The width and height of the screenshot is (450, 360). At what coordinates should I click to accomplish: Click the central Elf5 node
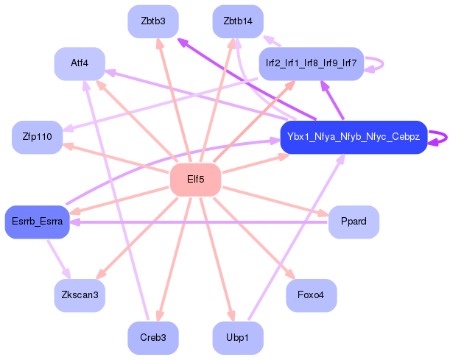(195, 180)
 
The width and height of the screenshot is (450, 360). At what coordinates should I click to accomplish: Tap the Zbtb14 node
(238, 21)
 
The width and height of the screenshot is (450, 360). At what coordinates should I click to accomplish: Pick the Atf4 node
(80, 64)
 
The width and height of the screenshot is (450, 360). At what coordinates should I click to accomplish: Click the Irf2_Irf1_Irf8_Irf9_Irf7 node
(311, 64)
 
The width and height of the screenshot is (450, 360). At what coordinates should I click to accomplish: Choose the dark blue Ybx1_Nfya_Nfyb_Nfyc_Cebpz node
(354, 137)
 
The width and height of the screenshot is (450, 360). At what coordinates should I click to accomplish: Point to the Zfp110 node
(37, 137)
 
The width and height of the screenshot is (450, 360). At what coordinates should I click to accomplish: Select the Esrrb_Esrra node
(37, 222)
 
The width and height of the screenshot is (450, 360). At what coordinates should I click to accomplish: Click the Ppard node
(354, 222)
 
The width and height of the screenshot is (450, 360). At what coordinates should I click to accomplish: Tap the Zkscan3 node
(80, 295)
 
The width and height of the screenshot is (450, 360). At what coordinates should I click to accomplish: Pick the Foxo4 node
(311, 295)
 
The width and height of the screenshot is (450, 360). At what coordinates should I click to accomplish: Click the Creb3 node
(153, 338)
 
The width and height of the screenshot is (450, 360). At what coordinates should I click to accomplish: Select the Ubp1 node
(238, 338)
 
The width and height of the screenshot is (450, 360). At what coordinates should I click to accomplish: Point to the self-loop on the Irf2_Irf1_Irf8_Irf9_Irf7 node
(377, 64)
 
